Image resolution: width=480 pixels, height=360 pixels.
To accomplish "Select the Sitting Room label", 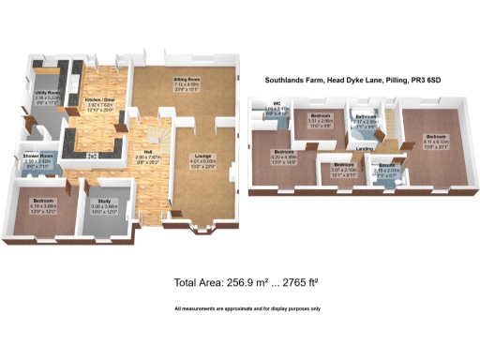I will (x=189, y=82).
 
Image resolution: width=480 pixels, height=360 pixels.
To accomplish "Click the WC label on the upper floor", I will (x=277, y=104).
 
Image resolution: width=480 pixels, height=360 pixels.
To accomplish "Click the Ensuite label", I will (x=386, y=164).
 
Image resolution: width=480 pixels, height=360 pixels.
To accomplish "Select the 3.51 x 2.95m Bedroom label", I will (x=322, y=115).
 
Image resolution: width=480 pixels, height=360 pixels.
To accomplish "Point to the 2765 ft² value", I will (x=281, y=283).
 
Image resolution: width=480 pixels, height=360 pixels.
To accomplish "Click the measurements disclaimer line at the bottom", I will (x=247, y=308).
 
